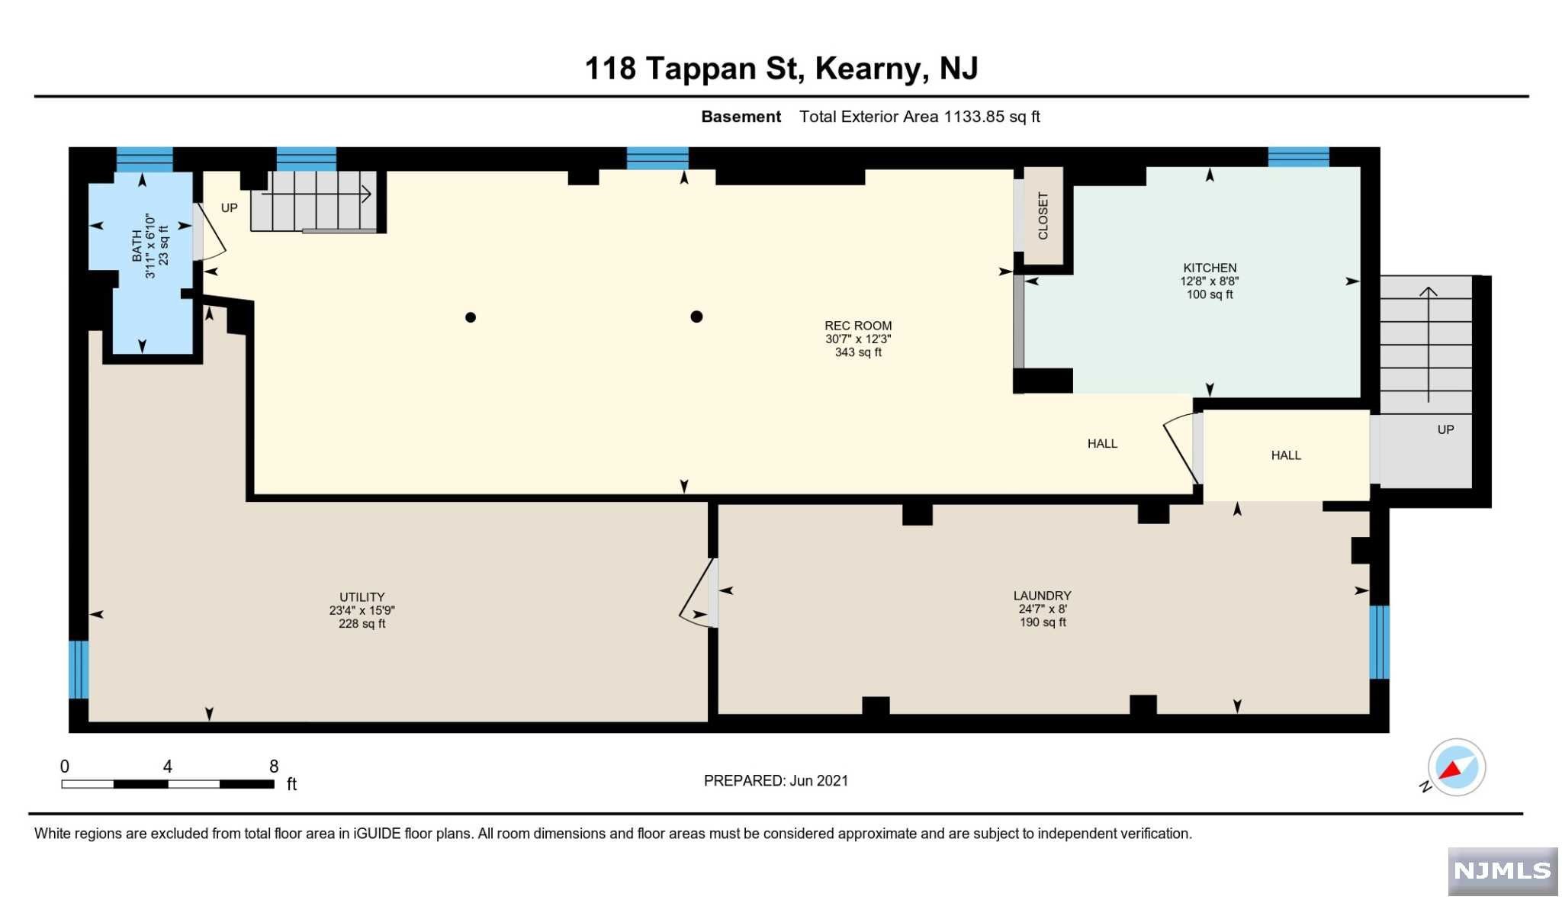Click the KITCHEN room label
pyautogui.click(x=1210, y=268)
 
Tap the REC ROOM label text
pyautogui.click(x=858, y=326)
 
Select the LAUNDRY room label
pyautogui.click(x=1042, y=596)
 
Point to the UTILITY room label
pyautogui.click(x=362, y=597)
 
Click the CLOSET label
pyautogui.click(x=1043, y=216)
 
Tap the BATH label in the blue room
pyautogui.click(x=137, y=246)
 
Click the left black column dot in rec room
pyautogui.click(x=471, y=317)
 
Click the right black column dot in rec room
pyautogui.click(x=696, y=317)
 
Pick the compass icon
pyautogui.click(x=1456, y=767)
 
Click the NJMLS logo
pyautogui.click(x=1503, y=871)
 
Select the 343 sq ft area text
pyautogui.click(x=858, y=352)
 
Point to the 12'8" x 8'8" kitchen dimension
pyautogui.click(x=1210, y=281)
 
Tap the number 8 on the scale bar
pyautogui.click(x=274, y=767)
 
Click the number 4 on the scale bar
pyautogui.click(x=168, y=767)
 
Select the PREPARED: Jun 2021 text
pyautogui.click(x=776, y=780)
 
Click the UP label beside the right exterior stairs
pyautogui.click(x=1445, y=429)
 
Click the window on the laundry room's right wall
pyautogui.click(x=1379, y=642)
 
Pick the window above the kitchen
pyautogui.click(x=1298, y=157)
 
